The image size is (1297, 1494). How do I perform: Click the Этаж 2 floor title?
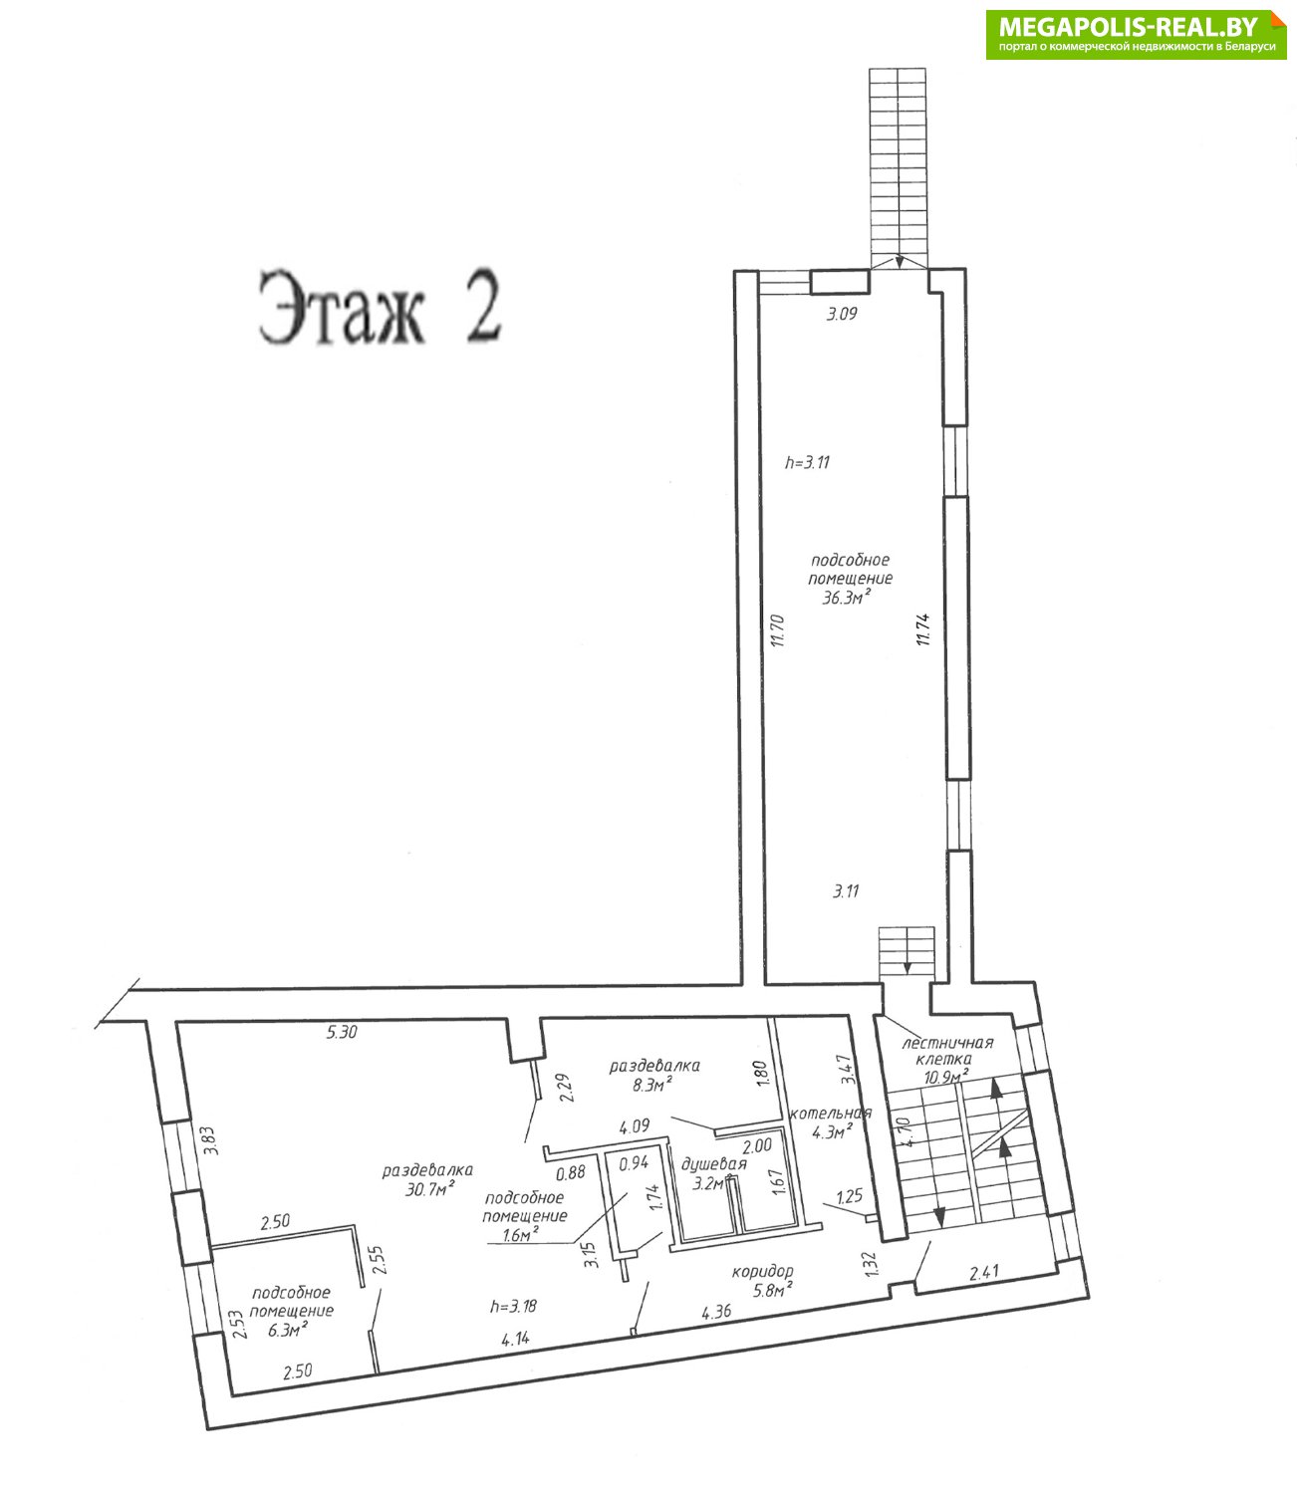(379, 308)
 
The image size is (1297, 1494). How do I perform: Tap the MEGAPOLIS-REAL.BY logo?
(1136, 34)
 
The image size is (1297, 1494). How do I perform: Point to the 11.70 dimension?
(777, 631)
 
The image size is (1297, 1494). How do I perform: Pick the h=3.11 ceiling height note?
(807, 462)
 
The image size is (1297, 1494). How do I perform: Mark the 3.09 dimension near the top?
(842, 314)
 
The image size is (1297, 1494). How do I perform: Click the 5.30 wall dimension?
(342, 1033)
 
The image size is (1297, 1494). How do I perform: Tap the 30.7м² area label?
(430, 1189)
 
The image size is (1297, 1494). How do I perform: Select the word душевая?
(713, 1164)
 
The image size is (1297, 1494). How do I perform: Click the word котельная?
(831, 1114)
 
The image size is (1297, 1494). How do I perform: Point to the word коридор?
(762, 1271)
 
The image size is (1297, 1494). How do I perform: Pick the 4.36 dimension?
(716, 1312)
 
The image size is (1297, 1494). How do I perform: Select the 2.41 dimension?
(983, 1274)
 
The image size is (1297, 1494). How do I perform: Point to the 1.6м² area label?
(521, 1234)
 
